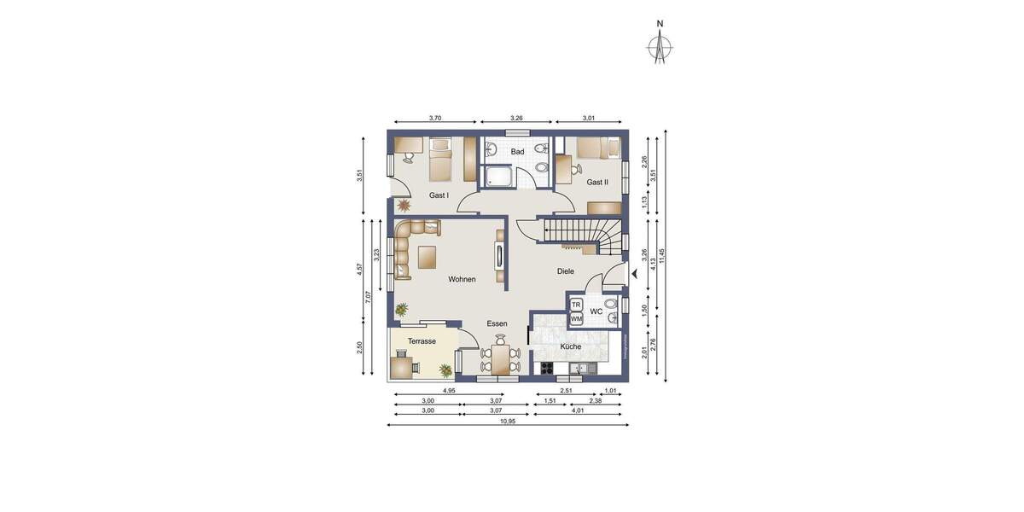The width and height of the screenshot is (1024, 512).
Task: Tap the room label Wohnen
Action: [x=462, y=279]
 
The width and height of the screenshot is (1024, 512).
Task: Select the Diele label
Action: [x=565, y=271]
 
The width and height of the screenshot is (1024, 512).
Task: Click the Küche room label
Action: [x=570, y=346]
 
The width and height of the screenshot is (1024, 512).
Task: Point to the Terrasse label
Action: [x=422, y=341]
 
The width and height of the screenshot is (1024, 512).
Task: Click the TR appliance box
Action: [x=576, y=305]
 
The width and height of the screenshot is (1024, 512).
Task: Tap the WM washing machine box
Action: [x=576, y=319]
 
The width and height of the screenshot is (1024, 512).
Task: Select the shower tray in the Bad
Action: [x=498, y=177]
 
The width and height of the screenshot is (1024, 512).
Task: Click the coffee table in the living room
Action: [x=427, y=255]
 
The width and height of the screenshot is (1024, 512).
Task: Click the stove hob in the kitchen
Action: [x=547, y=369]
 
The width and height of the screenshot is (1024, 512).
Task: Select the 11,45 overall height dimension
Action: [x=661, y=256]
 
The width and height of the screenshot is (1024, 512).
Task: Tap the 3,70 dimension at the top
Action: [x=434, y=118]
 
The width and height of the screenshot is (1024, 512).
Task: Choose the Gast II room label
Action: [x=596, y=183]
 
